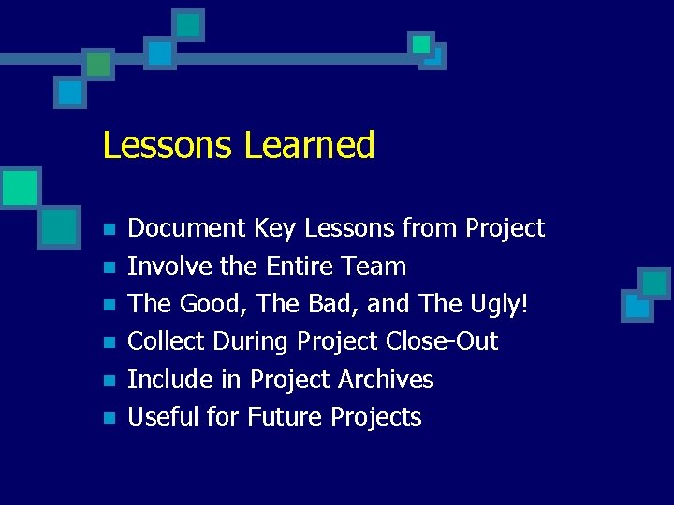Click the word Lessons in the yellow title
tap(168, 146)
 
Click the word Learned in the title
tap(309, 146)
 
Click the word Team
tap(374, 267)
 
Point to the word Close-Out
tap(442, 341)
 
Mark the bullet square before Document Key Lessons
tap(109, 229)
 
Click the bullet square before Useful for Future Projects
tap(109, 418)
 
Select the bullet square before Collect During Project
tap(109, 342)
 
